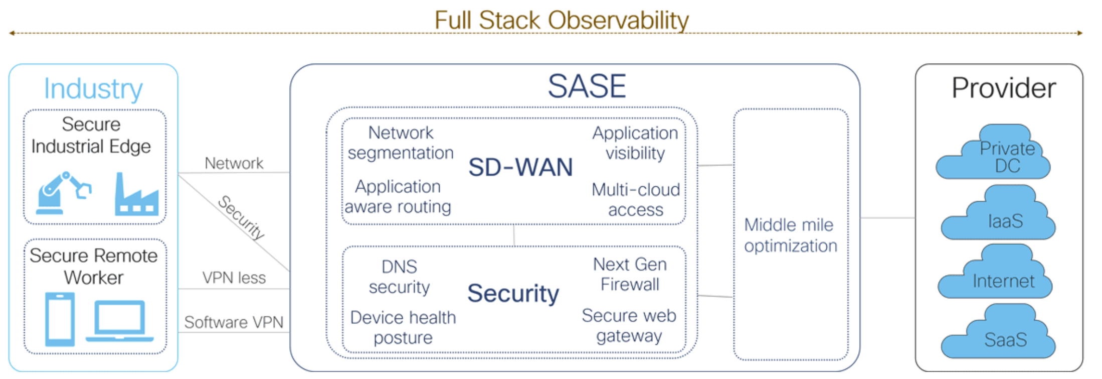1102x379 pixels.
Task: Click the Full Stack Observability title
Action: [562, 21]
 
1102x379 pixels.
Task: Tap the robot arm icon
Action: [64, 193]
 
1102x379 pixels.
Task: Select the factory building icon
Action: [136, 194]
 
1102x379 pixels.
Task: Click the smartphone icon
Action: [60, 319]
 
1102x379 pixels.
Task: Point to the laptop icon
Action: [120, 321]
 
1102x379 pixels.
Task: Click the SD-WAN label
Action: [520, 167]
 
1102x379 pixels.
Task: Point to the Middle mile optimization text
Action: [791, 235]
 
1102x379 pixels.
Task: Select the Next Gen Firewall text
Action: [630, 274]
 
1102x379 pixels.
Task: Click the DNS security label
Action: [399, 277]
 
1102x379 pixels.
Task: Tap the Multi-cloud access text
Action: [636, 199]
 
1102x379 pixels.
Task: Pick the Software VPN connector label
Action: [234, 322]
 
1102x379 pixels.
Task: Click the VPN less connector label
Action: [234, 278]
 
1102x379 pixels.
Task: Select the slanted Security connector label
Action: [241, 217]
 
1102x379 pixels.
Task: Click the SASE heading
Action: [587, 86]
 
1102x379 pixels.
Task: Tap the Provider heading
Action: [1004, 88]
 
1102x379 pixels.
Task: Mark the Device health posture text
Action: [403, 327]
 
